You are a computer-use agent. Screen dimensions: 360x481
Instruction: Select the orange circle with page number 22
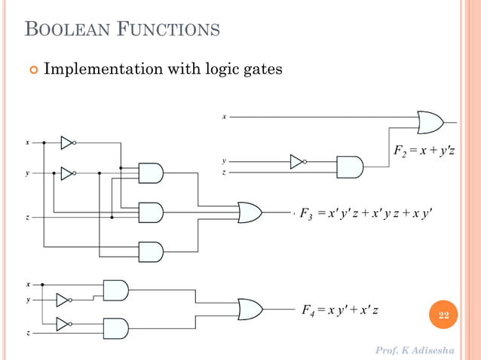[x=444, y=315]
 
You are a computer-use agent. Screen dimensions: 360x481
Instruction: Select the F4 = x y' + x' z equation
[x=340, y=310]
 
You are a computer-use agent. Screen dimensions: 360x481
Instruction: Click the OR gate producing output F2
[x=430, y=122]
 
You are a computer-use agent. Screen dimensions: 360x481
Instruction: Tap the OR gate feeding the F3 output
[x=250, y=212]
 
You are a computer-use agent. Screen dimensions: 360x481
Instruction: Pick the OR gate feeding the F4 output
[x=250, y=309]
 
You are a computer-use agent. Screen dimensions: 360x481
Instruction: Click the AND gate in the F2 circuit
[x=350, y=166]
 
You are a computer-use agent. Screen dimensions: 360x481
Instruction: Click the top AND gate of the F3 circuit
[x=151, y=173]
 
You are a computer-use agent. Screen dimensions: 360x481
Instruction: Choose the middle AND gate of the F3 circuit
[x=151, y=212]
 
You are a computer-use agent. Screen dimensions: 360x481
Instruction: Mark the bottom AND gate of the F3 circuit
[x=151, y=252]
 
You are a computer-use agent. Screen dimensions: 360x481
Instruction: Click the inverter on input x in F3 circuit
[x=68, y=142]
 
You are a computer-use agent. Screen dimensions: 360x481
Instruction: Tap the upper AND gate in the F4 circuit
[x=115, y=290]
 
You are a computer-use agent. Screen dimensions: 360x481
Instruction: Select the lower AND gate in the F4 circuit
[x=115, y=328]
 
